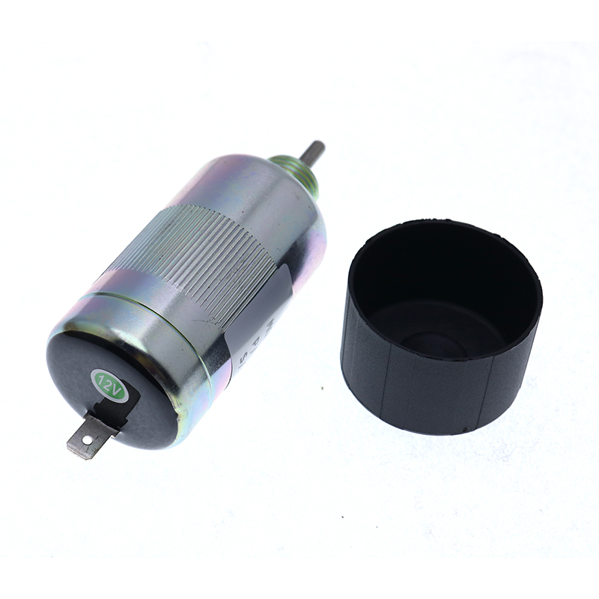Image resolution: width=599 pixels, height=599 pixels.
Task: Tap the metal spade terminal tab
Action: coord(88,437)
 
